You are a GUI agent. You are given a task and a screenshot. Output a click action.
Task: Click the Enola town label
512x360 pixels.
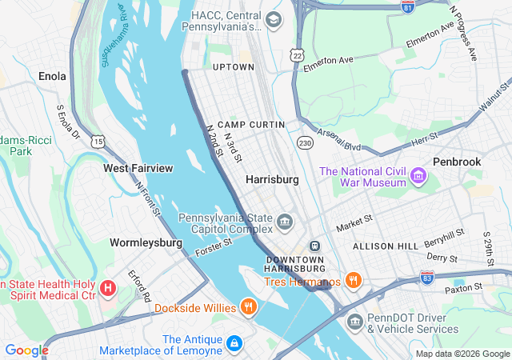52,77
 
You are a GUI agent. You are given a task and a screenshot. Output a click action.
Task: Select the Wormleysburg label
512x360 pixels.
146,242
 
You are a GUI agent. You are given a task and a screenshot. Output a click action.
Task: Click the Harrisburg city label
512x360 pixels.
272,180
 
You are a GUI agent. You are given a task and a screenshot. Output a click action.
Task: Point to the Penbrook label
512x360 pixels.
457,162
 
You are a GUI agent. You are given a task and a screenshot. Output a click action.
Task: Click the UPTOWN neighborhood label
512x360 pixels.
233,67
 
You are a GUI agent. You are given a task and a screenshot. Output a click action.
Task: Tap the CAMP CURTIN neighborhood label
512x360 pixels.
251,126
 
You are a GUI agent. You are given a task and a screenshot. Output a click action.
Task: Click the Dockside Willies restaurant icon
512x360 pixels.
249,306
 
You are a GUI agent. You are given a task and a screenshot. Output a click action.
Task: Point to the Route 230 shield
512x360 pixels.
305,142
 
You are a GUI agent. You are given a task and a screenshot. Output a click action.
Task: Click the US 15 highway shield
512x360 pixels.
98,142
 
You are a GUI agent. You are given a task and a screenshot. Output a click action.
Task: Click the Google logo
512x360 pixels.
26,350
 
